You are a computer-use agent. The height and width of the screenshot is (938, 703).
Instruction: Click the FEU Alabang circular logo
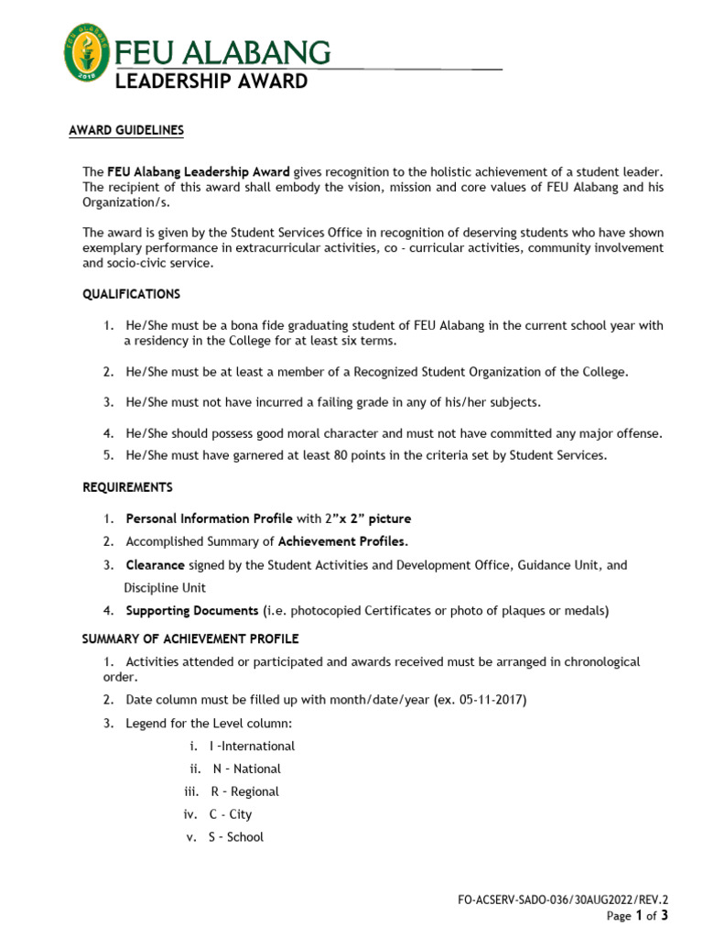coord(89,51)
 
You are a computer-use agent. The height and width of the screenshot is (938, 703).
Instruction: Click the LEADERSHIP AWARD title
coord(211,82)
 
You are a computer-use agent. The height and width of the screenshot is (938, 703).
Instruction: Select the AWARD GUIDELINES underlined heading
coord(126,131)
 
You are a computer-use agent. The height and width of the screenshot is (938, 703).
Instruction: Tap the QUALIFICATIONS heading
coord(132,294)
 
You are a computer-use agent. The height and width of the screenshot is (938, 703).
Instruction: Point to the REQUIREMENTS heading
coord(127,487)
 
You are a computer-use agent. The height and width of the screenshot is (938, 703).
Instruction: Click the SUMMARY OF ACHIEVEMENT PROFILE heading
coord(190,638)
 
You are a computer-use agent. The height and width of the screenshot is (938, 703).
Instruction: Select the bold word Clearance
coord(155,565)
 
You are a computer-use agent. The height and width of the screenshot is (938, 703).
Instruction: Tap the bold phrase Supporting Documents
coord(192,610)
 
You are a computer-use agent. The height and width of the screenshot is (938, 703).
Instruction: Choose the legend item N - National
coord(246,769)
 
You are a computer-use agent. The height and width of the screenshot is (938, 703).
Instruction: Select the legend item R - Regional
coord(244,791)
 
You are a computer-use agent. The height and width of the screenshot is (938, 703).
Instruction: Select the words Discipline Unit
coord(165,588)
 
